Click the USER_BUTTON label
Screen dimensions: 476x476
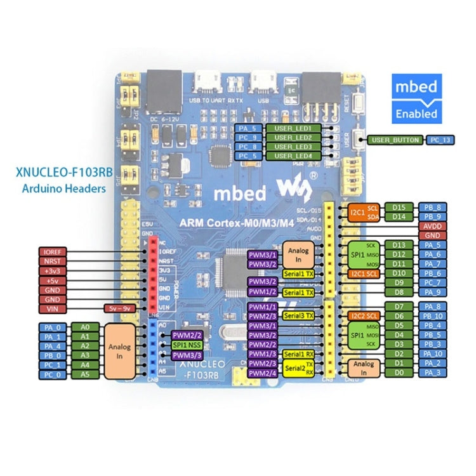[395, 139]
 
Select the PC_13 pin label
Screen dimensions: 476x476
[441, 139]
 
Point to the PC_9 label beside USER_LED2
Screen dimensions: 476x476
[247, 138]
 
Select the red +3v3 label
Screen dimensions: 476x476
[52, 270]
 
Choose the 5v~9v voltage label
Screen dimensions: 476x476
[119, 308]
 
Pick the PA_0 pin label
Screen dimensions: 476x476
[52, 327]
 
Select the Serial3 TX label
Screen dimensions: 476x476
[298, 315]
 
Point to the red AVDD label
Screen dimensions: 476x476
[433, 226]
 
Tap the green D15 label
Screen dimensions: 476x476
[399, 208]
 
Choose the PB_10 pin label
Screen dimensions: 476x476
[433, 316]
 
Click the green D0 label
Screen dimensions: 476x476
[399, 373]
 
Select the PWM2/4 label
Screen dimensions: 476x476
[262, 373]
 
